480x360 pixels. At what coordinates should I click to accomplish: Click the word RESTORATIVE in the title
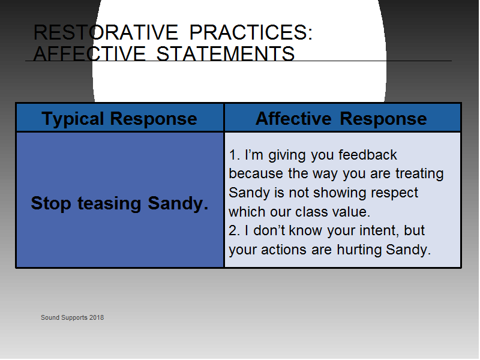(106, 32)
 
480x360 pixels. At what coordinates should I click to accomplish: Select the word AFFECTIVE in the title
(89, 53)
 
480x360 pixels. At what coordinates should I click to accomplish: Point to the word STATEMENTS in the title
(226, 53)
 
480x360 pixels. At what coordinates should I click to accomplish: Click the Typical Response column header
(119, 118)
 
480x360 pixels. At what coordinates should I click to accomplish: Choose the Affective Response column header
(341, 118)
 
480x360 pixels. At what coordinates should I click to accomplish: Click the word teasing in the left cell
(109, 204)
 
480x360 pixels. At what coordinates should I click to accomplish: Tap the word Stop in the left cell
(51, 203)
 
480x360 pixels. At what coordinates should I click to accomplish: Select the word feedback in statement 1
(368, 155)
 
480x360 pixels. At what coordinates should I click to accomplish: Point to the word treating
(419, 174)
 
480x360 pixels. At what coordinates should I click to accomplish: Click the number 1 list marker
(234, 155)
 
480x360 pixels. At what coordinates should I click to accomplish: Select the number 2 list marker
(234, 231)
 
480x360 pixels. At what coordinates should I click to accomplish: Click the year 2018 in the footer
(97, 318)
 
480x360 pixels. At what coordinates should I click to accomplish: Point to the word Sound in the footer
(50, 318)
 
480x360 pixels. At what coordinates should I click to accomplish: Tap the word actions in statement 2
(283, 250)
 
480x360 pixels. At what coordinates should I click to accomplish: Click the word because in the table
(256, 173)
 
